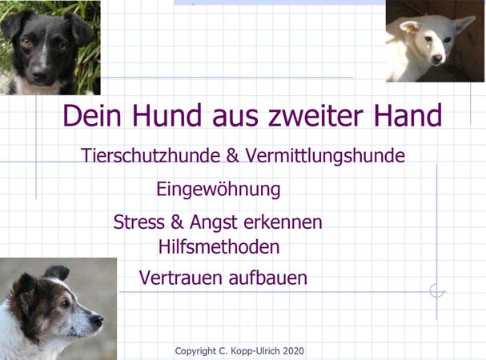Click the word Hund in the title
pyautogui.click(x=167, y=115)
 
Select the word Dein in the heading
pyautogui.click(x=92, y=115)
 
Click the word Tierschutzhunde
pyautogui.click(x=151, y=155)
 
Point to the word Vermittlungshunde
pyautogui.click(x=325, y=155)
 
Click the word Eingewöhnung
pyautogui.click(x=219, y=189)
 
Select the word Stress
pyautogui.click(x=139, y=222)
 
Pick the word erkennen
pyautogui.click(x=283, y=222)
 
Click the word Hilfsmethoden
pyautogui.click(x=219, y=247)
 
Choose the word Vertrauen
pyautogui.click(x=182, y=278)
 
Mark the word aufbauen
pyautogui.click(x=268, y=278)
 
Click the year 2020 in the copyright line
pyautogui.click(x=293, y=351)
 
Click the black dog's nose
pyautogui.click(x=39, y=75)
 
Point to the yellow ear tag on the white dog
pyautogui.click(x=410, y=30)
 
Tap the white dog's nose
pyautogui.click(x=437, y=58)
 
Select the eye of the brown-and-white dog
pyautogui.click(x=66, y=304)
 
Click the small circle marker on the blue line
pyautogui.click(x=436, y=291)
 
